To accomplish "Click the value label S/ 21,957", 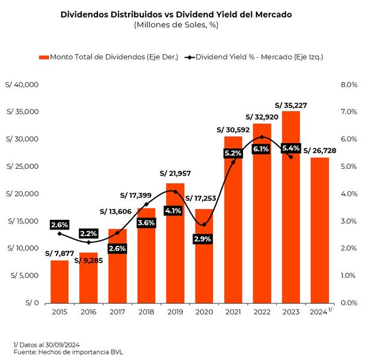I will click(x=175, y=173).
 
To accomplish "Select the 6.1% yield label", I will click(x=262, y=148).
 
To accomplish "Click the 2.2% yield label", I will click(x=88, y=233).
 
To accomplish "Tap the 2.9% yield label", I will click(x=204, y=239).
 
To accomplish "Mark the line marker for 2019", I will click(x=175, y=192).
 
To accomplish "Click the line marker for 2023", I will click(x=291, y=156).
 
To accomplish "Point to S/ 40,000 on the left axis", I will click(x=22, y=85).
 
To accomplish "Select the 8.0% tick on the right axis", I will click(x=349, y=85).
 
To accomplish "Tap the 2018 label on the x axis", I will click(x=146, y=312).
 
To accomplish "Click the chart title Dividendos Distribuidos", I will click(x=176, y=14).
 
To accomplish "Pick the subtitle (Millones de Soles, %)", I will click(x=176, y=25).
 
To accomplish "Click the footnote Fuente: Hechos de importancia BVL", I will click(x=72, y=351).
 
